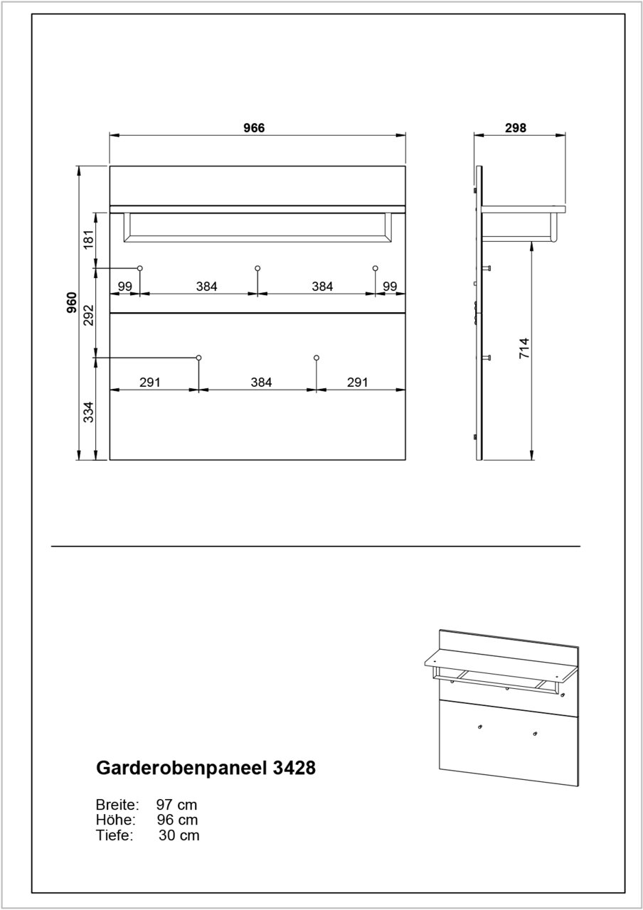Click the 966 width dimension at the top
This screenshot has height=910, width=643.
tap(254, 128)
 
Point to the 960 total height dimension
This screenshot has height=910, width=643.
tap(71, 303)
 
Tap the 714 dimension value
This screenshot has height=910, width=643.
tap(524, 349)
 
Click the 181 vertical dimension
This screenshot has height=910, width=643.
tap(89, 239)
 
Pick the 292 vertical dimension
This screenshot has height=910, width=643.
tap(89, 315)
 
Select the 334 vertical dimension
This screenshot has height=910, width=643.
tap(89, 411)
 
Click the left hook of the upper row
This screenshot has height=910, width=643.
tap(140, 268)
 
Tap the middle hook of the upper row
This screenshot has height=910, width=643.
tap(257, 268)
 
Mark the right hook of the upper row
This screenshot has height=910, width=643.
tap(375, 268)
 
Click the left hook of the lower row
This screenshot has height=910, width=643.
tap(199, 357)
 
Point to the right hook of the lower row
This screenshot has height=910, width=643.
tap(317, 357)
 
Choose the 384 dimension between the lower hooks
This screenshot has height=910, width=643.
tap(261, 382)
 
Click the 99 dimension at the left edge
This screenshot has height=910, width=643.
tap(125, 286)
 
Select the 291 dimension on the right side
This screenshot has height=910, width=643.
tap(357, 382)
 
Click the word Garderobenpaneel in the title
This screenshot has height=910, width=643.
tap(181, 769)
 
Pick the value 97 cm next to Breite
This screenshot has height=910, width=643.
tap(176, 805)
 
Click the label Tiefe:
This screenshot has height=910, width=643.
tap(115, 835)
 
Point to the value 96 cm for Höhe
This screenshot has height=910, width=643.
tap(177, 820)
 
